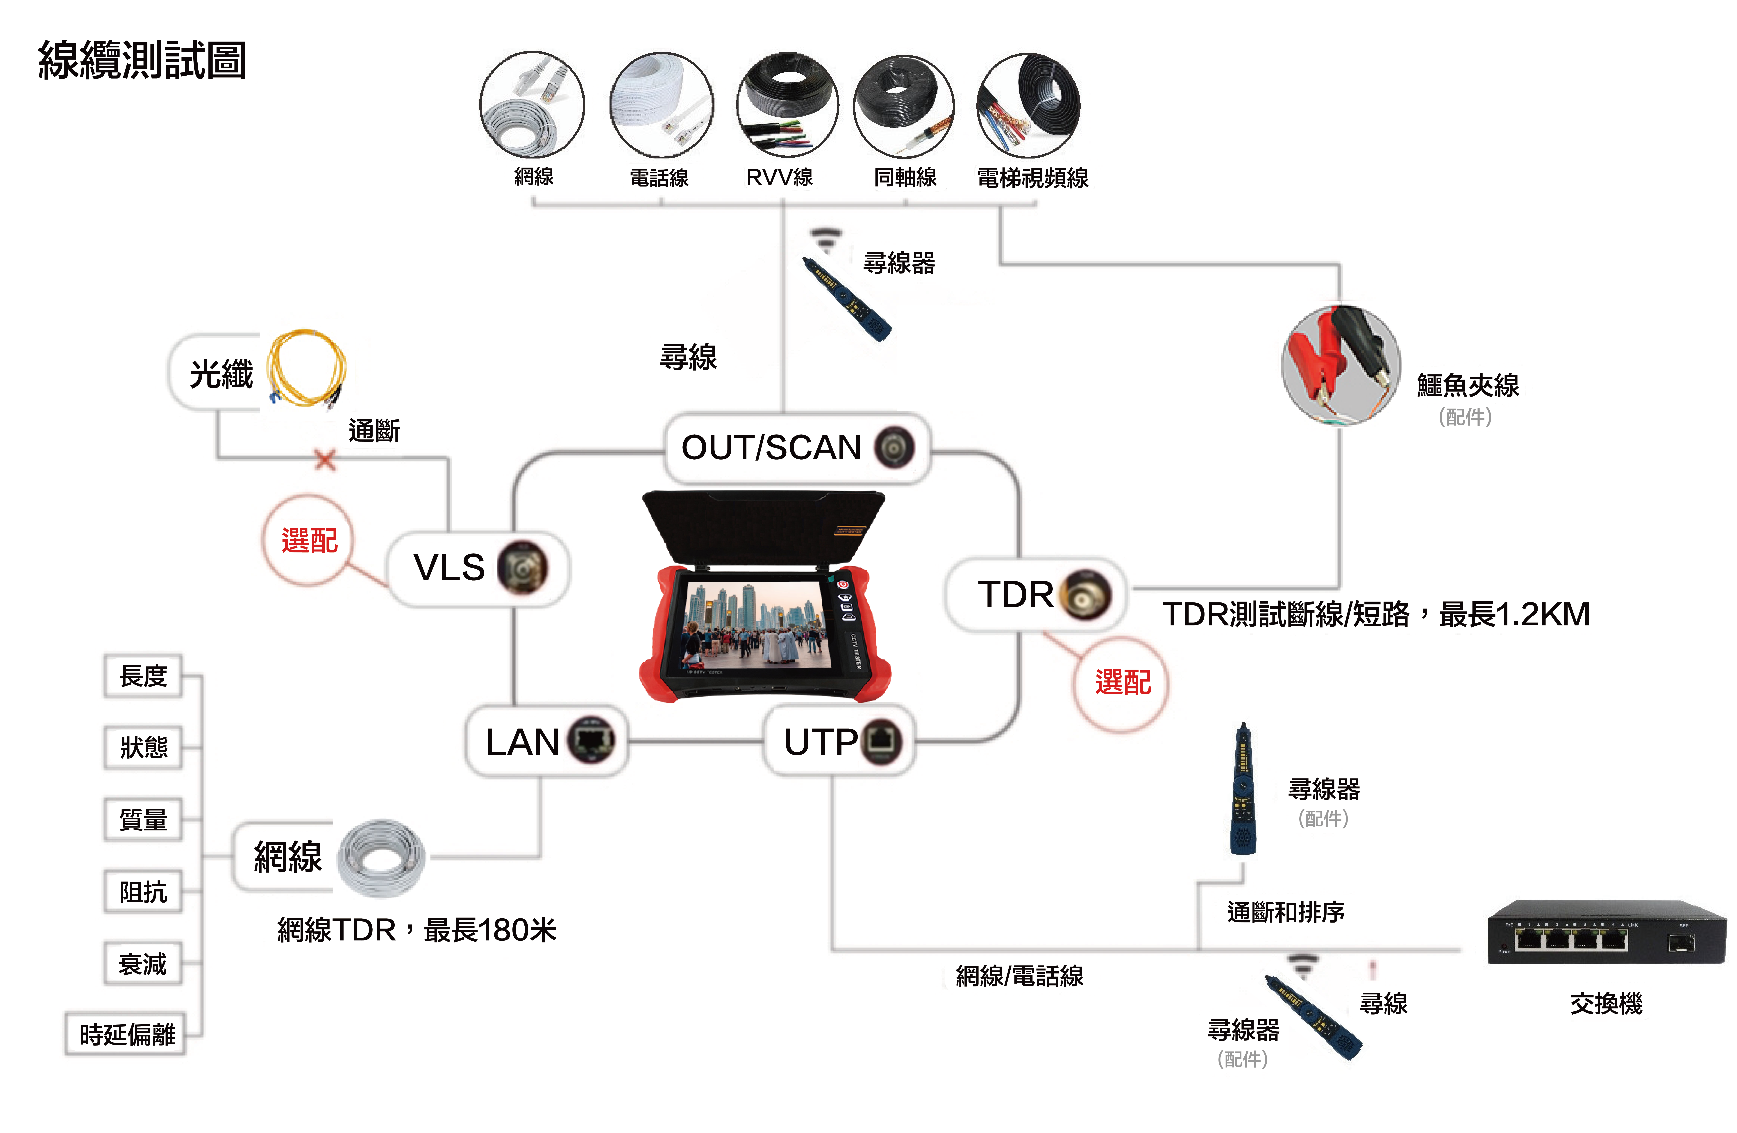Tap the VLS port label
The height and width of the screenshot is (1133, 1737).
pos(449,567)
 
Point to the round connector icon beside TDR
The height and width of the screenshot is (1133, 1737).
pos(1086,595)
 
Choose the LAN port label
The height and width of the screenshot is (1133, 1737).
pos(523,742)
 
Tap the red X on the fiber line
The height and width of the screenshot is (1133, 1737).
pos(326,460)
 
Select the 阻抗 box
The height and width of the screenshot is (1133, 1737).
pos(143,891)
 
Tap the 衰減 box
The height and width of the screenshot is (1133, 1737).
pos(143,964)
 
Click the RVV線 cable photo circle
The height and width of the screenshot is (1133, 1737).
pos(787,104)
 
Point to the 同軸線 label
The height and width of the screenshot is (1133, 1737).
pos(905,177)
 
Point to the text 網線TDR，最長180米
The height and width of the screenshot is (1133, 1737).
pos(417,930)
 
